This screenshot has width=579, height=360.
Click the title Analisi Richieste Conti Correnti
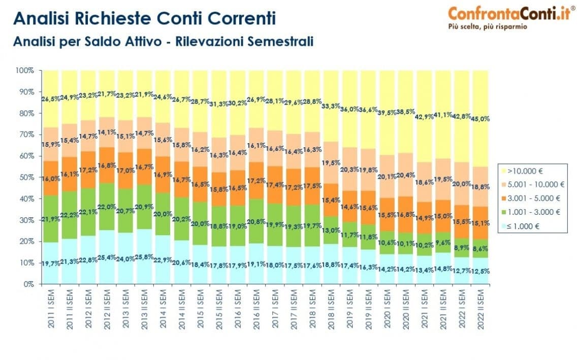(x=145, y=18)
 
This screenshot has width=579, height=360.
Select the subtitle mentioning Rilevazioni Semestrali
(x=163, y=41)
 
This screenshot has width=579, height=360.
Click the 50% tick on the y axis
(x=26, y=177)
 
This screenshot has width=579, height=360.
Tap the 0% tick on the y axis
(x=28, y=284)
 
